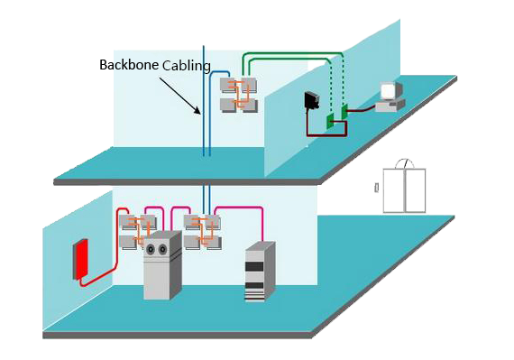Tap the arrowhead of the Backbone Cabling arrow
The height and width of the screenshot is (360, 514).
pos(199,113)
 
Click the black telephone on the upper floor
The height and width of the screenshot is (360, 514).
pos(313,100)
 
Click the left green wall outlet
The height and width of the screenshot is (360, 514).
pos(331,118)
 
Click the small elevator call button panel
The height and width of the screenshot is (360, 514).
pos(376,188)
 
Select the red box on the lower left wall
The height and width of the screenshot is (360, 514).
pos(81,258)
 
